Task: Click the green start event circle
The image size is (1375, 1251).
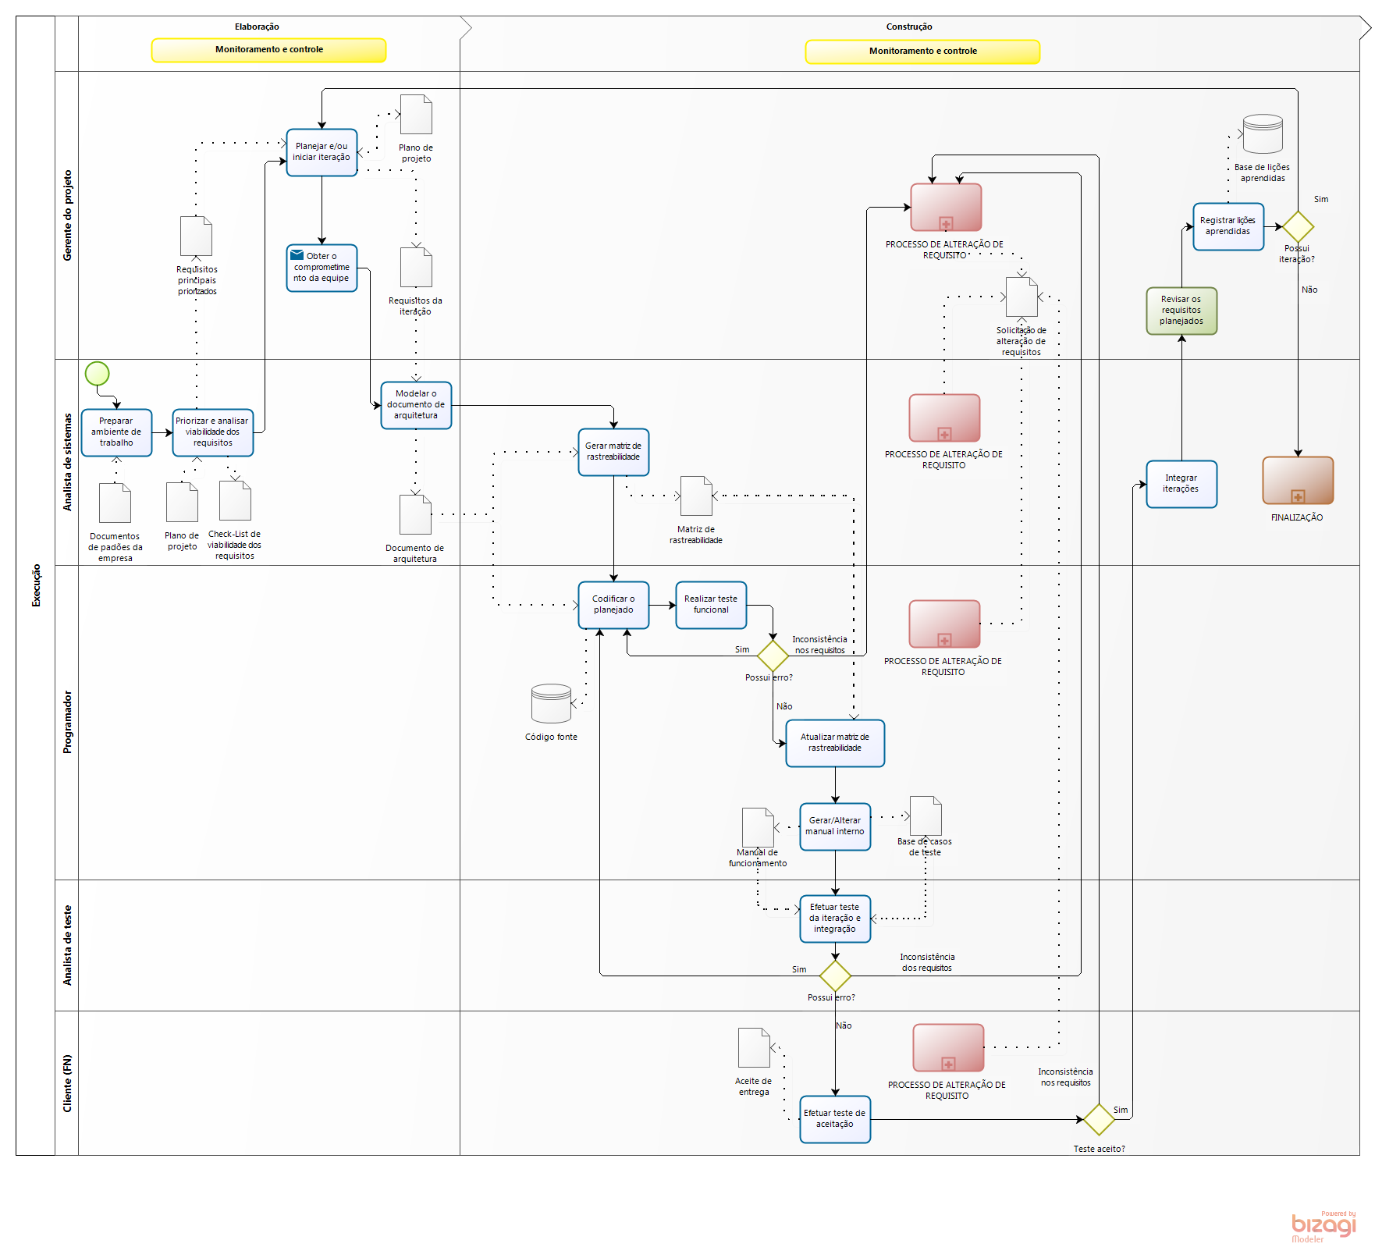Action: (97, 374)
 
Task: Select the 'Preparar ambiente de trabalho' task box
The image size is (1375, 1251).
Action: (116, 432)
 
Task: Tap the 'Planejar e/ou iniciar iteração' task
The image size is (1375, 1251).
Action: (322, 152)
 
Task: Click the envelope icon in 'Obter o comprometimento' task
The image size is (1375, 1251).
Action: (297, 255)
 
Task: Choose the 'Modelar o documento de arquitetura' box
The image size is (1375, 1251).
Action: (416, 405)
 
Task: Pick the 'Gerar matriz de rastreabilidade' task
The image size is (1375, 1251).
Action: (613, 452)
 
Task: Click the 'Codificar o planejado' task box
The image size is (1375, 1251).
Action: (613, 605)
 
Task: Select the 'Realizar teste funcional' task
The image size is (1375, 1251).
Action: (711, 605)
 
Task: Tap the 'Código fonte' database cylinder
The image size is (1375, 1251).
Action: (551, 704)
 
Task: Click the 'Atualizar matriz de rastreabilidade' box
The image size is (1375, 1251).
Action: (835, 743)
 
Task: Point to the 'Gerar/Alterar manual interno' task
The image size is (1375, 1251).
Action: (835, 826)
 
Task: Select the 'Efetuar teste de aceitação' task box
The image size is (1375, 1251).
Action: (835, 1119)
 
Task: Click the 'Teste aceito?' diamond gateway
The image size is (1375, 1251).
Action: (1099, 1119)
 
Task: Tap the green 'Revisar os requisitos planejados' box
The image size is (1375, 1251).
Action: (1181, 311)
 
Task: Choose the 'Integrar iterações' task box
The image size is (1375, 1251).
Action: (1181, 484)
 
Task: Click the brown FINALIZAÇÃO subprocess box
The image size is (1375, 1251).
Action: (1298, 480)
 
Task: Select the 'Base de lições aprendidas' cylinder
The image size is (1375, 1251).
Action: (1263, 134)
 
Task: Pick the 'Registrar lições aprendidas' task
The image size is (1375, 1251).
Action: (1228, 226)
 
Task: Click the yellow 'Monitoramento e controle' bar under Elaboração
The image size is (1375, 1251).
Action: (268, 50)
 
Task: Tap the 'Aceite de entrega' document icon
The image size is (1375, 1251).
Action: (754, 1047)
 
